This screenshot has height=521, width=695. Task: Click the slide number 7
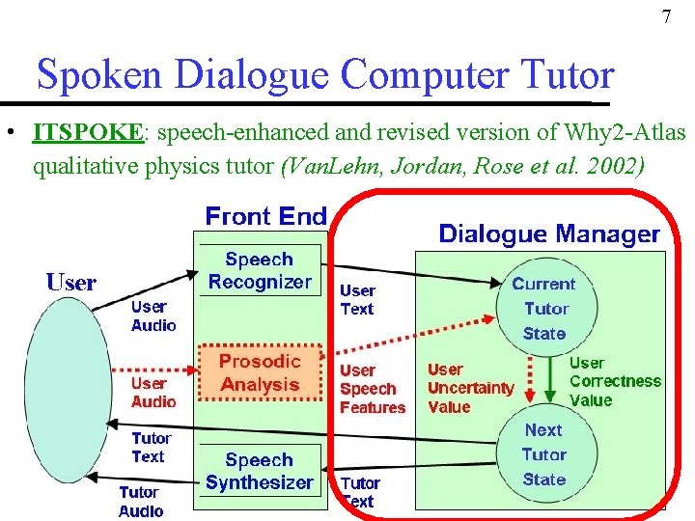tap(665, 17)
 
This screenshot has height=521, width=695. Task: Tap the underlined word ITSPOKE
tap(88, 131)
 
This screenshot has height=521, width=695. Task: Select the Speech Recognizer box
tap(259, 271)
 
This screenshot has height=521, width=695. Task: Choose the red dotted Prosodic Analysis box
tap(260, 372)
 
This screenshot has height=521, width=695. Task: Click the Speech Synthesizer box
tap(259, 471)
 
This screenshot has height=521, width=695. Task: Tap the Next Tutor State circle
tap(543, 454)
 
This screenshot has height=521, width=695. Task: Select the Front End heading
tap(265, 215)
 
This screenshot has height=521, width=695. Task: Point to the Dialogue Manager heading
tap(549, 233)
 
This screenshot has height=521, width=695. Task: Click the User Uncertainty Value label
tap(470, 388)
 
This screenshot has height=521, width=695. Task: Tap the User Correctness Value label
tap(615, 381)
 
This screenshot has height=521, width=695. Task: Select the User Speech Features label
tap(372, 389)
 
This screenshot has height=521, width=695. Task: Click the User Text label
tap(357, 299)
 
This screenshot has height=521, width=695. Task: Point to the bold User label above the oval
tap(71, 283)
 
